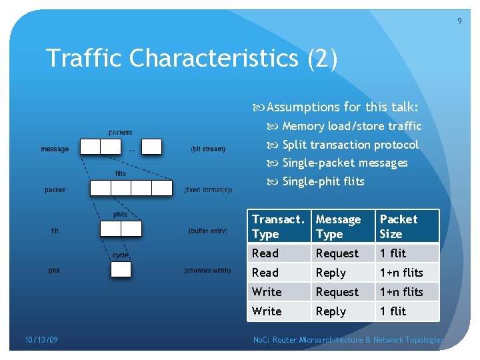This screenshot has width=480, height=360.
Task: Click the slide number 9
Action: click(459, 21)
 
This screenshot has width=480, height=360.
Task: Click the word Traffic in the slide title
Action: click(85, 59)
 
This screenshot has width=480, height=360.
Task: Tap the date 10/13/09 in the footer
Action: click(41, 340)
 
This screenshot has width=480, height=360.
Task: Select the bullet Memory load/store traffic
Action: click(351, 126)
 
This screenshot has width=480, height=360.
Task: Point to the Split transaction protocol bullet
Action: click(350, 145)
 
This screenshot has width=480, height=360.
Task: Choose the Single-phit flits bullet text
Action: click(323, 181)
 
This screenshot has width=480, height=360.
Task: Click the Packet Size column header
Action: click(399, 227)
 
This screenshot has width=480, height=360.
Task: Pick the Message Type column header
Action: click(338, 227)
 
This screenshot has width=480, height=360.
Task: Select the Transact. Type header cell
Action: click(277, 227)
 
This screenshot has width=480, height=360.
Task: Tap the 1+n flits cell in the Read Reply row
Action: click(401, 273)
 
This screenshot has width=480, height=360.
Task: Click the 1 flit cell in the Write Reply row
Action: click(393, 311)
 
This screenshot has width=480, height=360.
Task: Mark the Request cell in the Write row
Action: click(337, 292)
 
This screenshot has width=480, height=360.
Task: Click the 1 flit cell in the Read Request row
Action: click(393, 253)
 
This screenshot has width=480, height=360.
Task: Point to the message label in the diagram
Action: click(55, 149)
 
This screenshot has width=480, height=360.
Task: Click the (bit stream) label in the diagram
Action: click(208, 149)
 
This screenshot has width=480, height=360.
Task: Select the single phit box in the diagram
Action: click(121, 270)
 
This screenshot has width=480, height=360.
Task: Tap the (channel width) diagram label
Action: click(208, 271)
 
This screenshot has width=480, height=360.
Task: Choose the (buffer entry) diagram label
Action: click(208, 231)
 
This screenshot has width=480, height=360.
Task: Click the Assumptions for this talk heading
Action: click(342, 107)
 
